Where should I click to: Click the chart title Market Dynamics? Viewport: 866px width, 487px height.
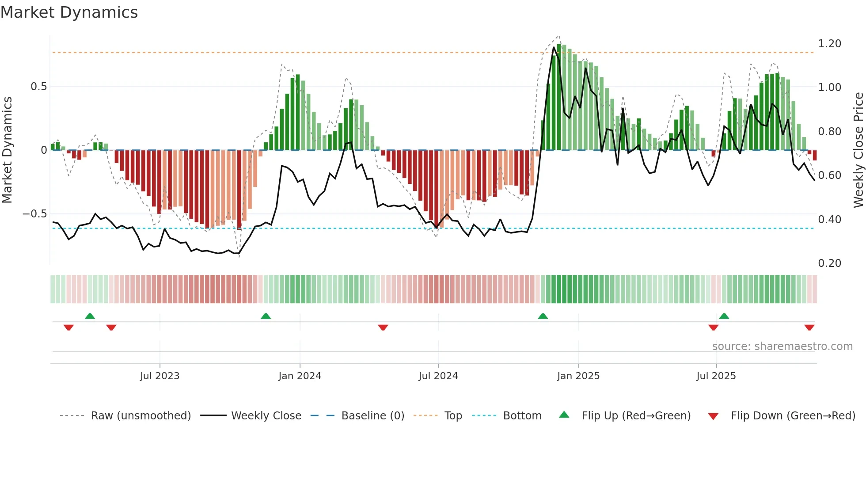tap(69, 12)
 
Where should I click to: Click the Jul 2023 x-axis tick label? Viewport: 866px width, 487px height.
tap(160, 376)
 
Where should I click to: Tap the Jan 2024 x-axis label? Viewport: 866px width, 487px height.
tap(300, 376)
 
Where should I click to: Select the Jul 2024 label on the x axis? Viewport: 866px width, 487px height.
tap(438, 376)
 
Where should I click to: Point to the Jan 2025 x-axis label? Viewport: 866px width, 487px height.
tap(578, 376)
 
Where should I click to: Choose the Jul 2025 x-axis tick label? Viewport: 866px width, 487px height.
tap(716, 376)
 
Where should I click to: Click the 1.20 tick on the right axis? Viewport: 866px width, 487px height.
tap(829, 44)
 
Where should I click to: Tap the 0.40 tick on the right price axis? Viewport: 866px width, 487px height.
tap(829, 219)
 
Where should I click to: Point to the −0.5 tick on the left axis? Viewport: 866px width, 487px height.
tap(35, 214)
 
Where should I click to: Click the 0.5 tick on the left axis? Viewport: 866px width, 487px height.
tap(38, 87)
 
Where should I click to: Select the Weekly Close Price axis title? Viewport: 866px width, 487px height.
tap(858, 150)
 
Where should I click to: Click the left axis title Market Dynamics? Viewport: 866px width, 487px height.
tap(7, 150)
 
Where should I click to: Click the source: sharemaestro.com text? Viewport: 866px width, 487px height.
tap(782, 346)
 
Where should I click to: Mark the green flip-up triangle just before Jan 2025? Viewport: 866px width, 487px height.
tap(543, 316)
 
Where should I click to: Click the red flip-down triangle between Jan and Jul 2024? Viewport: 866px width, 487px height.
tap(383, 327)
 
